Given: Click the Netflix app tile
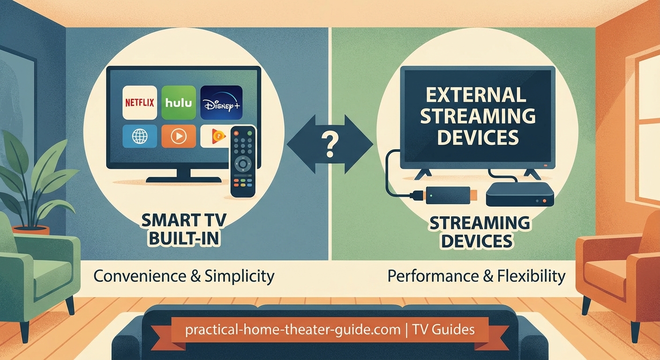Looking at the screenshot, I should tap(139, 103).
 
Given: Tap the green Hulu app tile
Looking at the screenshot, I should tap(178, 103).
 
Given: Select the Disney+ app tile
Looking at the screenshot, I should tap(221, 103).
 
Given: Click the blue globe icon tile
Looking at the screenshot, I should tap(139, 136).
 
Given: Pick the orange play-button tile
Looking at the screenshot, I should tap(178, 136).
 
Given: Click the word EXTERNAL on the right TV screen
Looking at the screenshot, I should tap(477, 95).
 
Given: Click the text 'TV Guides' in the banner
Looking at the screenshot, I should tap(443, 329).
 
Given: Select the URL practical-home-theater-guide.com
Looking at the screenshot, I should tap(292, 329).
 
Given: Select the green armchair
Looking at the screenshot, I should tap(37, 272).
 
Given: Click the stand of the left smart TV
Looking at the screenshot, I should tap(184, 176).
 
